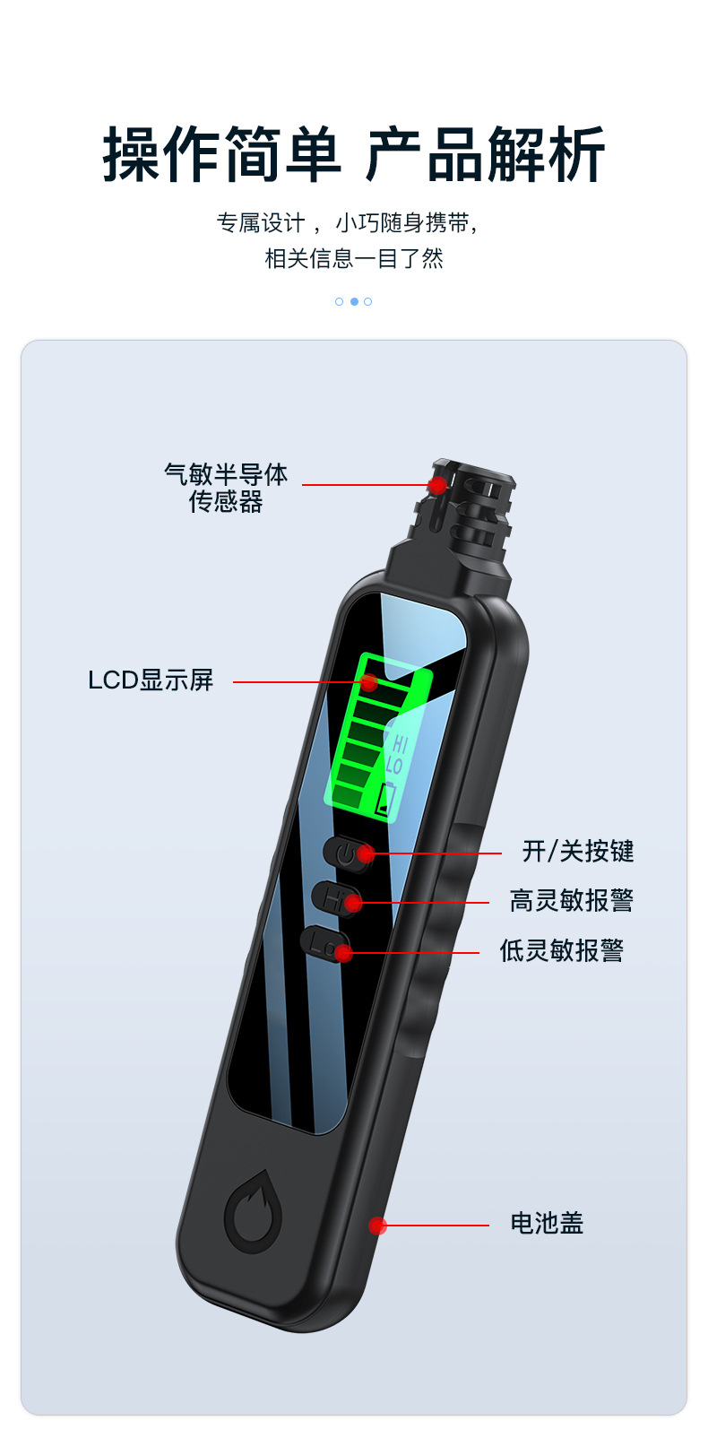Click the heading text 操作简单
point(221,155)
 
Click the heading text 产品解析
point(485,155)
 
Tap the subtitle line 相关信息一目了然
point(354,259)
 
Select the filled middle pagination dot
point(354,301)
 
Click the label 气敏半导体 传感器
point(226,488)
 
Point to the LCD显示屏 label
point(151,680)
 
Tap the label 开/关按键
point(578,851)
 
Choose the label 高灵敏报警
point(571,900)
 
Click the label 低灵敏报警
point(561,950)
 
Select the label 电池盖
point(547,1223)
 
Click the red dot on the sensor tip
point(437,485)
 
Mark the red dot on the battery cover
point(378,1226)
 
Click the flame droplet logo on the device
point(254,1212)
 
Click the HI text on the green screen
point(400,744)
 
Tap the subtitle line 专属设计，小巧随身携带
point(349,222)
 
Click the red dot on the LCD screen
point(368,682)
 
